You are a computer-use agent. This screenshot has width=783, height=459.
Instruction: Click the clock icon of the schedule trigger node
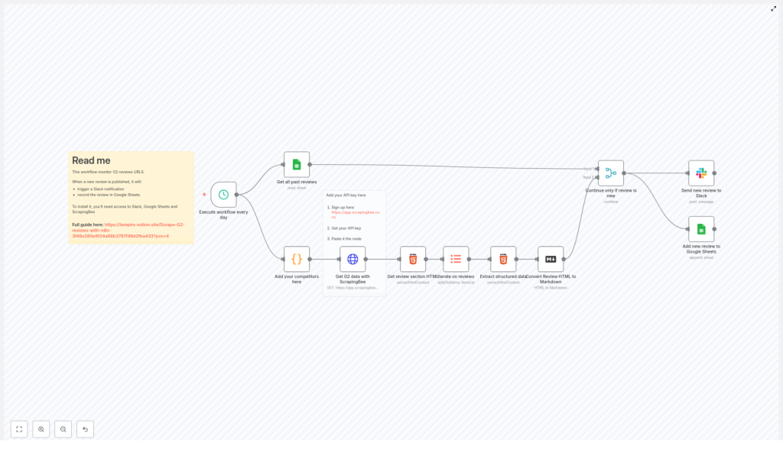tap(223, 195)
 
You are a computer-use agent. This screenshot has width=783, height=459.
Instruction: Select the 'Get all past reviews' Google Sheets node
tap(297, 164)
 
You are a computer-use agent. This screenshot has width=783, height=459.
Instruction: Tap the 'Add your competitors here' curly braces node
tap(297, 259)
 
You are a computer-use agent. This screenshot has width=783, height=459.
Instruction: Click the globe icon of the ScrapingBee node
tap(353, 259)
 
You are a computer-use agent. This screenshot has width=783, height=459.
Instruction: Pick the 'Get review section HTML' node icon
tap(413, 259)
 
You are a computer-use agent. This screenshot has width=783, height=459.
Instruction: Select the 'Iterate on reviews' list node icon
tap(456, 259)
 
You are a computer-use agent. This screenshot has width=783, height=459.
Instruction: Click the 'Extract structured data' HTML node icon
tap(503, 259)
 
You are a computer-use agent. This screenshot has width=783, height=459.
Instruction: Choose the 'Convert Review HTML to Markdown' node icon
tap(551, 259)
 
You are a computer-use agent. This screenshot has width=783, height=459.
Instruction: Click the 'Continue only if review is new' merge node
tap(611, 173)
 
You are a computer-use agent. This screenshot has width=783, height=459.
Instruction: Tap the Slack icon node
tap(701, 173)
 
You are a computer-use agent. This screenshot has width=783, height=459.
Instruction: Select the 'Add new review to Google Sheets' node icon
tap(701, 229)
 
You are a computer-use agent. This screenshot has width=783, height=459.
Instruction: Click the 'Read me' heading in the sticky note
tap(91, 160)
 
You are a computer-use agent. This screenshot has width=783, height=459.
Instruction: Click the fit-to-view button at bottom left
tap(19, 429)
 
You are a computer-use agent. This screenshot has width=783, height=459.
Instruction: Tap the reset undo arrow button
tap(85, 429)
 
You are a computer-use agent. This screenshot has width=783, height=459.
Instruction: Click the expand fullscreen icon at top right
tap(773, 8)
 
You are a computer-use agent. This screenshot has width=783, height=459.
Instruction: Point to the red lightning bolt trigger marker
tap(204, 195)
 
